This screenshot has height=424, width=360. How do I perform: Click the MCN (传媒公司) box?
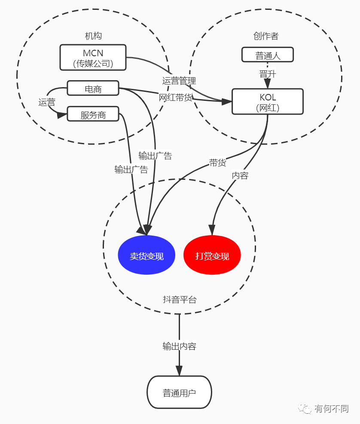[93, 58]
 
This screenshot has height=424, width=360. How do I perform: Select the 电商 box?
[93, 88]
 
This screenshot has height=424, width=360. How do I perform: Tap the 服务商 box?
[93, 114]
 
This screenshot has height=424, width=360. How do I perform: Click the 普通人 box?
[267, 55]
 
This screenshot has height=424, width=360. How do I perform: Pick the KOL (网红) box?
[267, 102]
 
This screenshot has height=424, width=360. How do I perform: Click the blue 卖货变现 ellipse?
[146, 255]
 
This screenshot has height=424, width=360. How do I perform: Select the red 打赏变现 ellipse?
[212, 255]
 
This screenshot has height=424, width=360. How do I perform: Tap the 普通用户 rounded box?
[179, 392]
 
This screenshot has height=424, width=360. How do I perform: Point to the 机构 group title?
[93, 36]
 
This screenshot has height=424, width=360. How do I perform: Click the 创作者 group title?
[266, 36]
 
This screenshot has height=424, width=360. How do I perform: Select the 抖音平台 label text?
[180, 300]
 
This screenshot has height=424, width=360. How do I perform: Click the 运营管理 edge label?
[179, 80]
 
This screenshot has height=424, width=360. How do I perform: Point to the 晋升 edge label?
[267, 74]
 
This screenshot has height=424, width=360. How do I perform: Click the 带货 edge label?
[217, 163]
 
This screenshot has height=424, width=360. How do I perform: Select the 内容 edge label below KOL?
[240, 175]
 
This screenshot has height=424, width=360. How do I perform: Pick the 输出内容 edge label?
[179, 346]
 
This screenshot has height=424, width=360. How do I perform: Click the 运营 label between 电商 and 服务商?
[47, 102]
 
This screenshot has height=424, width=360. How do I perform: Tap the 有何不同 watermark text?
[331, 409]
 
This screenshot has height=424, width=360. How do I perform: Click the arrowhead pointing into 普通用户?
[179, 371]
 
